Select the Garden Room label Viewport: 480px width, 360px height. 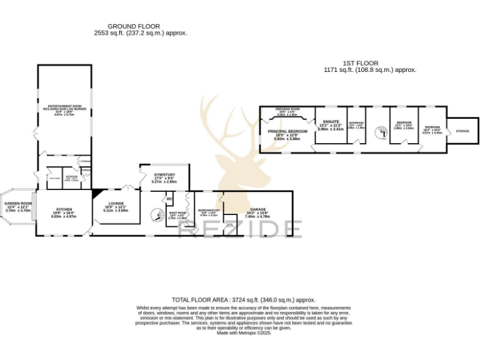(18, 204)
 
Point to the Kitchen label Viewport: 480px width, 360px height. (64, 209)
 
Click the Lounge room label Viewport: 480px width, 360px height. (115, 204)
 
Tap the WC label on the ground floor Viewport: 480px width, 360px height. (169, 199)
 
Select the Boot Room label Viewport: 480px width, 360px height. (177, 213)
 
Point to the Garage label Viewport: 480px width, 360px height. (257, 209)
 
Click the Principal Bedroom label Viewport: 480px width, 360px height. (288, 131)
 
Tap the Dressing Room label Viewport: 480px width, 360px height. (288, 109)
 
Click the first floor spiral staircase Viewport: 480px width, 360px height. (380, 132)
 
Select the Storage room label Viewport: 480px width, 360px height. (462, 131)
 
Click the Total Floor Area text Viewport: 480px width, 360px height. (244, 300)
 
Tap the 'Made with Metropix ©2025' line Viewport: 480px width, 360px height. (244, 333)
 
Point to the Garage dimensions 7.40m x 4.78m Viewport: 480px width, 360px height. (257, 216)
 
